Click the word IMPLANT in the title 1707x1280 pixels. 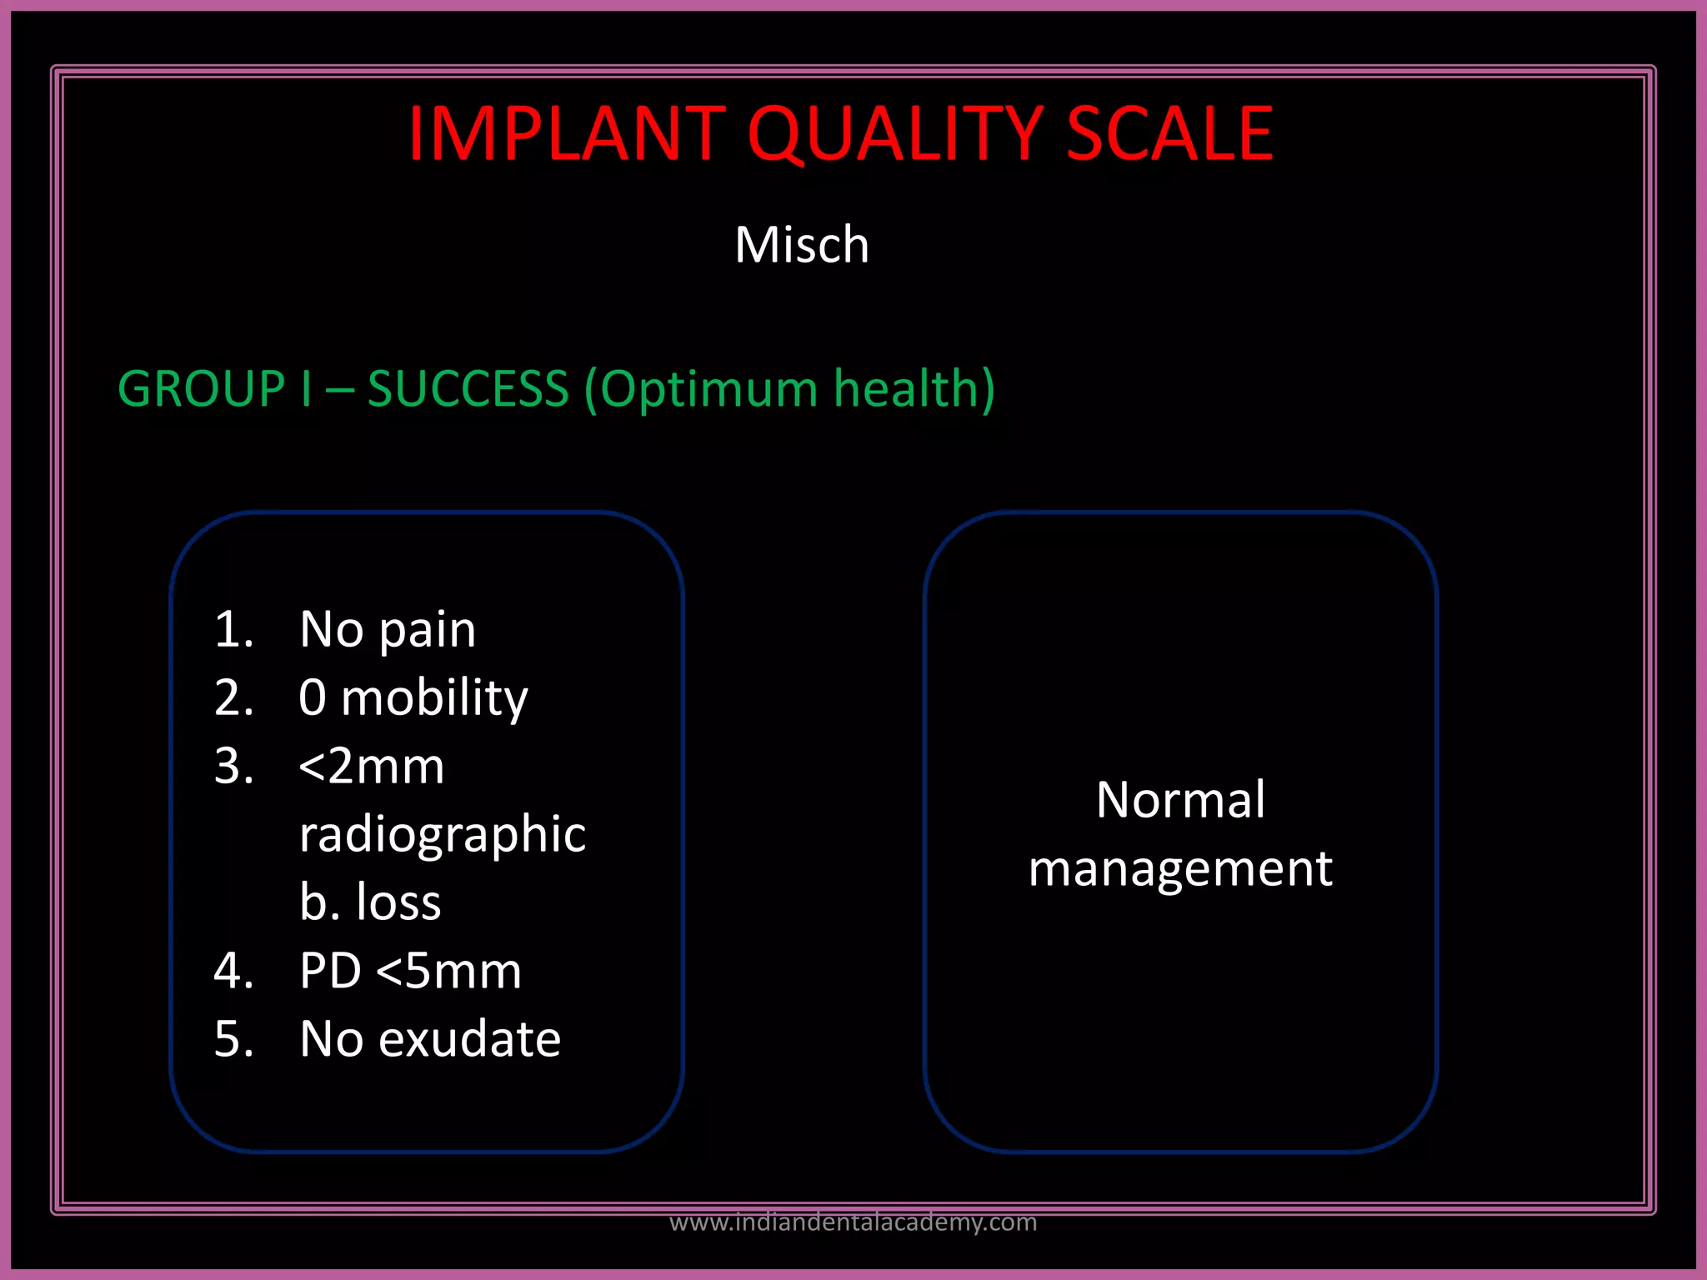click(x=567, y=133)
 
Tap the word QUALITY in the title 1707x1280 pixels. click(x=894, y=133)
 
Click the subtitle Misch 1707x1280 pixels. click(x=802, y=245)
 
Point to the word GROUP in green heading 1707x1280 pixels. click(x=202, y=389)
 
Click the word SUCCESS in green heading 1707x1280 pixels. click(x=468, y=389)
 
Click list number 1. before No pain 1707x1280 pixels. click(x=233, y=629)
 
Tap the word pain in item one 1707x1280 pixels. click(x=427, y=631)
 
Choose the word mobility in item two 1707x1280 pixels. click(x=434, y=698)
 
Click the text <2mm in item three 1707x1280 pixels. click(x=371, y=767)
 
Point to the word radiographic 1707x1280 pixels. click(x=443, y=836)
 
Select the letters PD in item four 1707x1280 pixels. click(x=330, y=972)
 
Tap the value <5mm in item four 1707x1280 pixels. click(x=448, y=972)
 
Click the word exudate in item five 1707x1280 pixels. click(x=469, y=1040)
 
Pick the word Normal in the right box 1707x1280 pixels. click(x=1180, y=800)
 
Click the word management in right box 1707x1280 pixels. click(x=1180, y=869)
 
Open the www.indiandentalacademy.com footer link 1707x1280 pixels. click(x=853, y=1222)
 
